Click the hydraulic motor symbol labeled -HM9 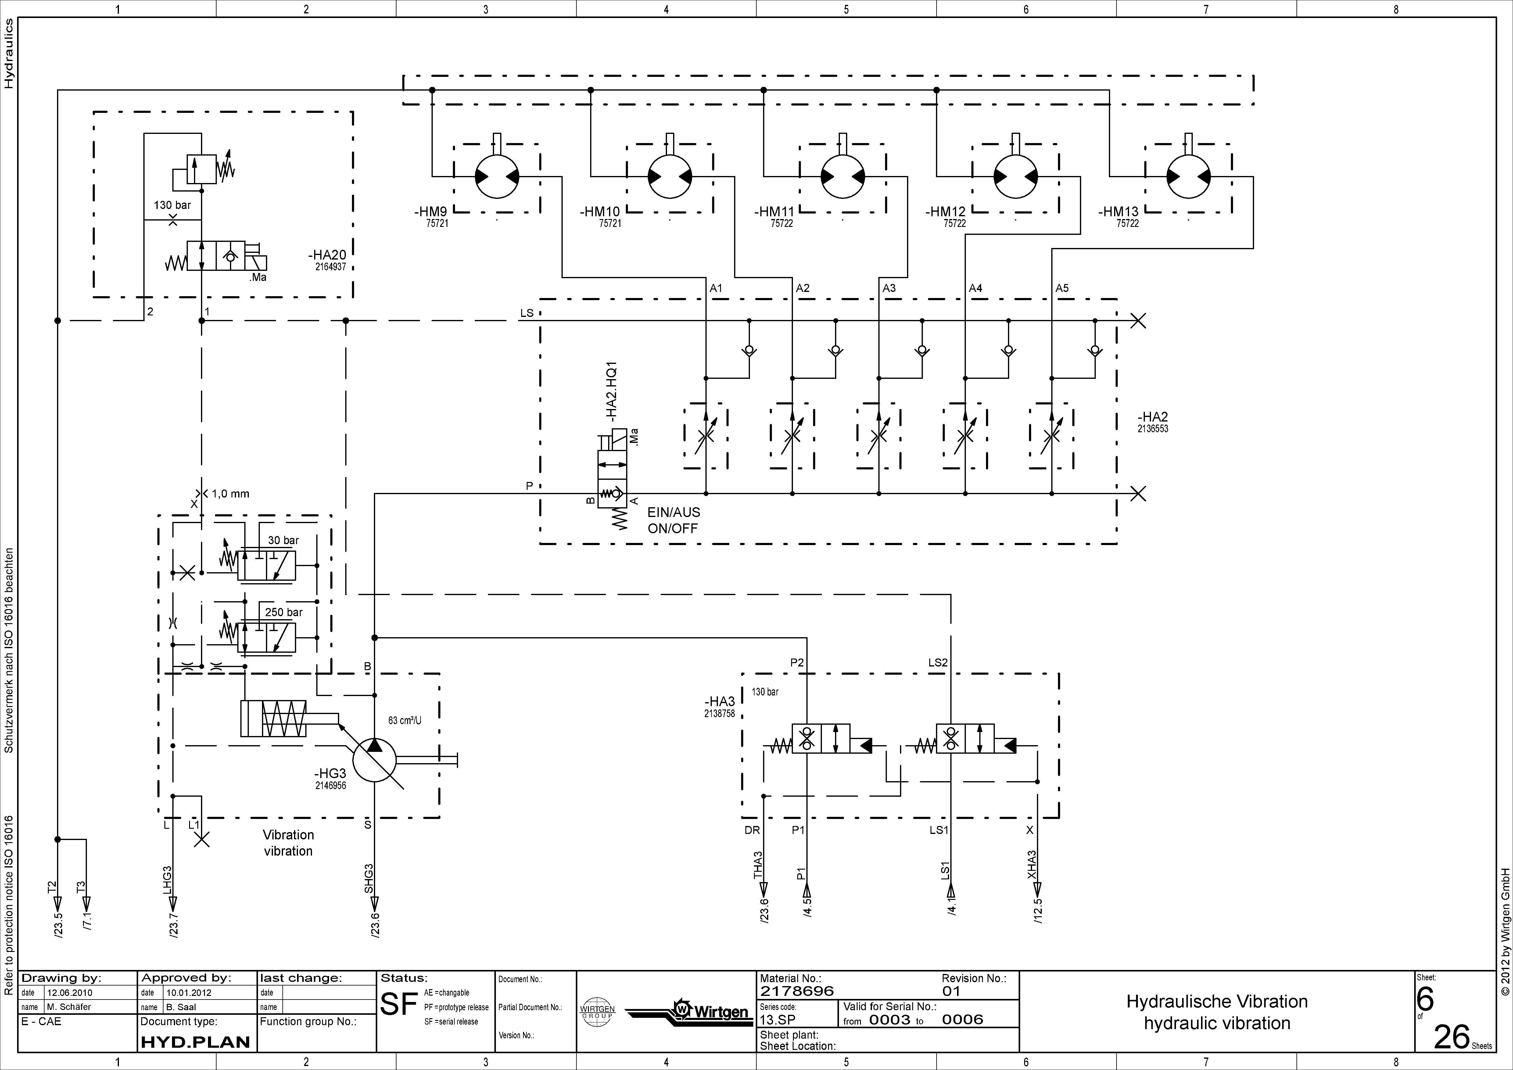(497, 176)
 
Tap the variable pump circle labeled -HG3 (374, 760)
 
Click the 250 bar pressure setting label (283, 612)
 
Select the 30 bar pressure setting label (283, 540)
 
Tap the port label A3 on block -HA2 (889, 288)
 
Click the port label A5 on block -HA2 (1062, 288)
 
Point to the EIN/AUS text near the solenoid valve (673, 512)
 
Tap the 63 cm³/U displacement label (405, 720)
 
